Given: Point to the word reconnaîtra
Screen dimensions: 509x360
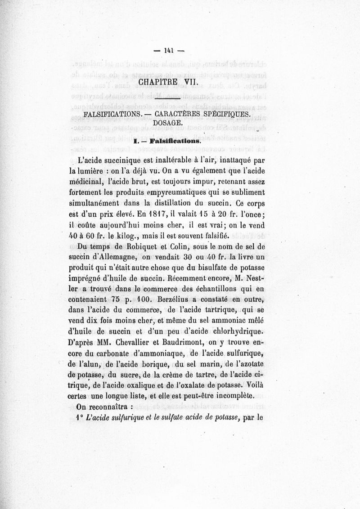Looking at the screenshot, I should tap(117, 407).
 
